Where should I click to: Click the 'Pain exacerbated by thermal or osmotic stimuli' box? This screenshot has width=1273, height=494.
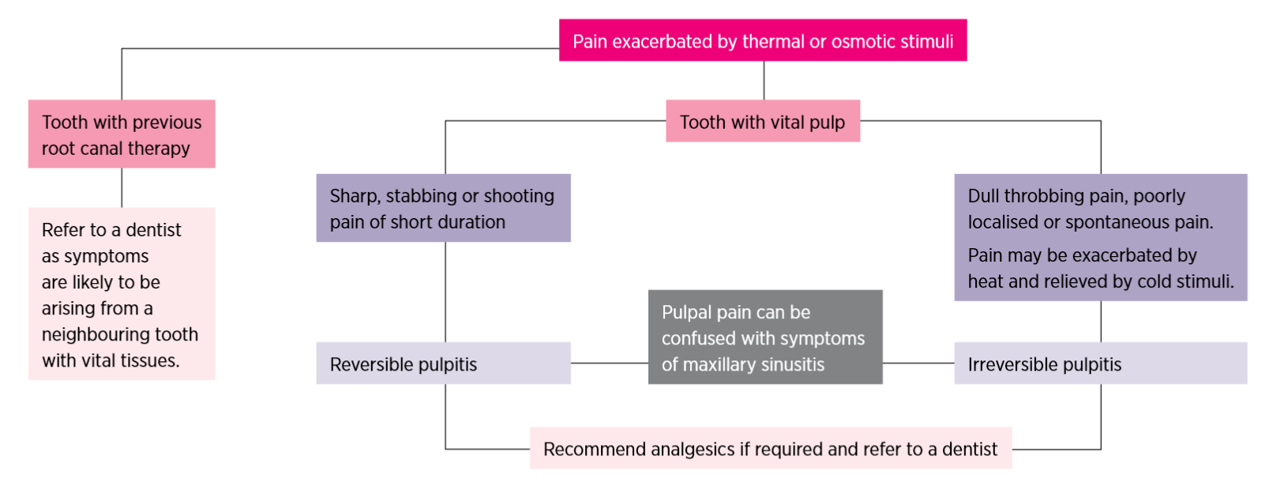click(762, 40)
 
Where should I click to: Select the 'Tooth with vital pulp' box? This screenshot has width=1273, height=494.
click(762, 121)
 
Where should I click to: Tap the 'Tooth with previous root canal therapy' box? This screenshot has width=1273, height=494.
click(122, 134)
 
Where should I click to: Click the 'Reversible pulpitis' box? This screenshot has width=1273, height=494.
click(443, 364)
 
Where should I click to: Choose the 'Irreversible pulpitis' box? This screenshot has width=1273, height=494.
click(1100, 364)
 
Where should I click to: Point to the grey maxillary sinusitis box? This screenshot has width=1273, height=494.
click(764, 338)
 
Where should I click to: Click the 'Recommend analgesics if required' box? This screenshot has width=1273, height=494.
click(770, 449)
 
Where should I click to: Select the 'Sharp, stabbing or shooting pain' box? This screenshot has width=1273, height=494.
click(443, 208)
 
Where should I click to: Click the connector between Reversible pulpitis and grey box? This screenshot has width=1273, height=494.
click(609, 364)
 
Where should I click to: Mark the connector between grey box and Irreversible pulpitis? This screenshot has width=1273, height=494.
click(918, 364)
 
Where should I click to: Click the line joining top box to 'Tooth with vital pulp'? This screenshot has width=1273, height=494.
click(764, 80)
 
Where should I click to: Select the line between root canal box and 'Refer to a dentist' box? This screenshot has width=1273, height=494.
click(122, 187)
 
